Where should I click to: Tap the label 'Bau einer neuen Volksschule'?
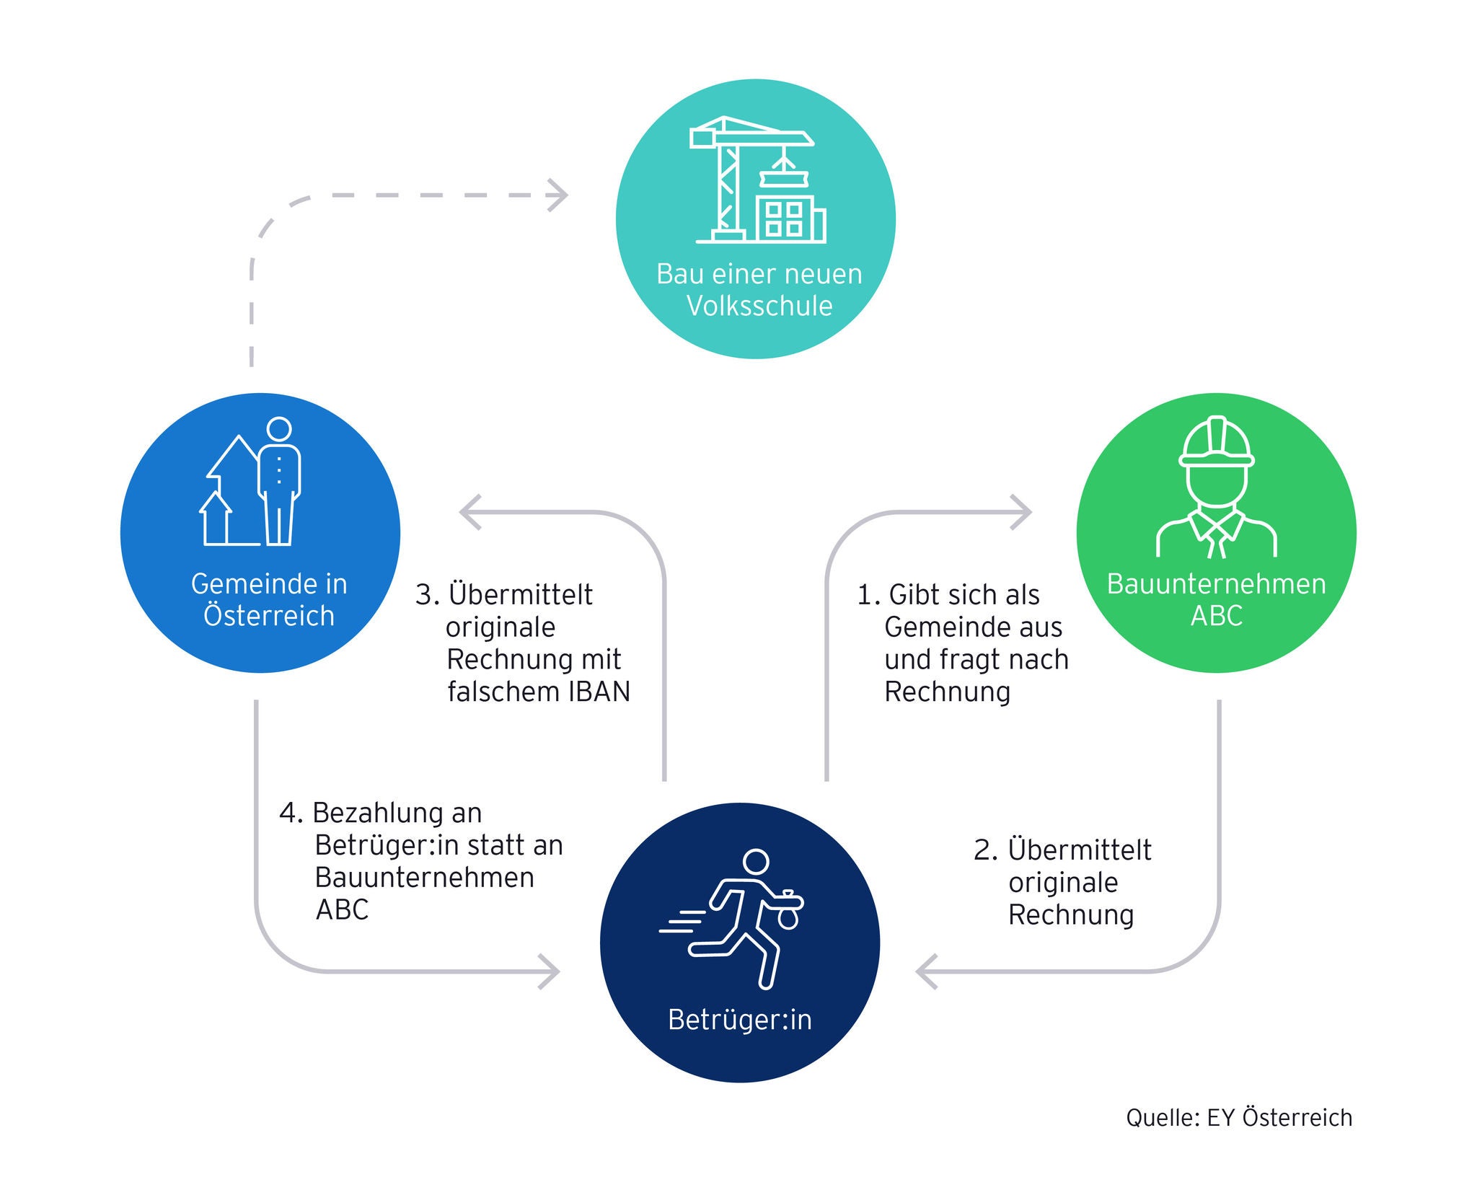759,290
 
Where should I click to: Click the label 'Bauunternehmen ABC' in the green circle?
1216,599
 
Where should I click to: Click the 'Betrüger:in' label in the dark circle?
740,1020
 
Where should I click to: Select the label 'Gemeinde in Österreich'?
268,599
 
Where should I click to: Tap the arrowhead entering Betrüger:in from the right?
924,971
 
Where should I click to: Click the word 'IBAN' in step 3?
599,692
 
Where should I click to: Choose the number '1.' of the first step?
868,596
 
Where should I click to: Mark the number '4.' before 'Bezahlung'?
291,813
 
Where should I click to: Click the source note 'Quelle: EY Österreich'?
1239,1117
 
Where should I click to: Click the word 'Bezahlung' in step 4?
397,813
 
